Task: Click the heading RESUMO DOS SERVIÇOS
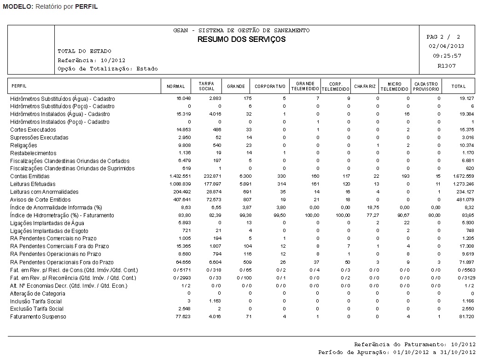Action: click(x=241, y=39)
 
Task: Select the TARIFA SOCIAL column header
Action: click(x=206, y=86)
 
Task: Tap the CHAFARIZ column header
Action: click(x=365, y=87)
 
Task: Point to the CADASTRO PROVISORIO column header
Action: click(x=426, y=86)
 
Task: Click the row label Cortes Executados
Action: click(x=33, y=130)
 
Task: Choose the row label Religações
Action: click(x=23, y=145)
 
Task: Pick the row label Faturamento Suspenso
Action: click(x=38, y=317)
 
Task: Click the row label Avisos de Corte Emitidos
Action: click(x=41, y=200)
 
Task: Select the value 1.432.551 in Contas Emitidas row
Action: click(x=180, y=177)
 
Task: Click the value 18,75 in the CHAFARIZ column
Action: click(x=372, y=208)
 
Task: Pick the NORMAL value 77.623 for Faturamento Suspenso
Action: click(x=183, y=317)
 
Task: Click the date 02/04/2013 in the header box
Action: click(x=446, y=46)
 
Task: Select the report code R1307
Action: click(x=446, y=66)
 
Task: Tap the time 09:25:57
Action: click(x=446, y=56)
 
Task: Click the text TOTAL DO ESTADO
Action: click(x=84, y=51)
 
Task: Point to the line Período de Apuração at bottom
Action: click(x=396, y=352)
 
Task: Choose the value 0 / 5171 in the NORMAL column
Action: click(x=181, y=270)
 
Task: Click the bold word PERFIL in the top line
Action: click(x=86, y=7)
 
